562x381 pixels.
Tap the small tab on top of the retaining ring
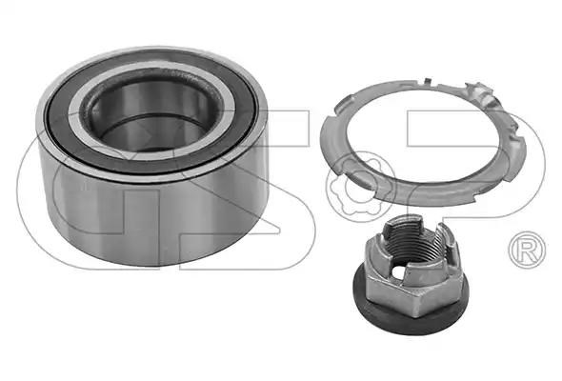pos(427,81)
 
